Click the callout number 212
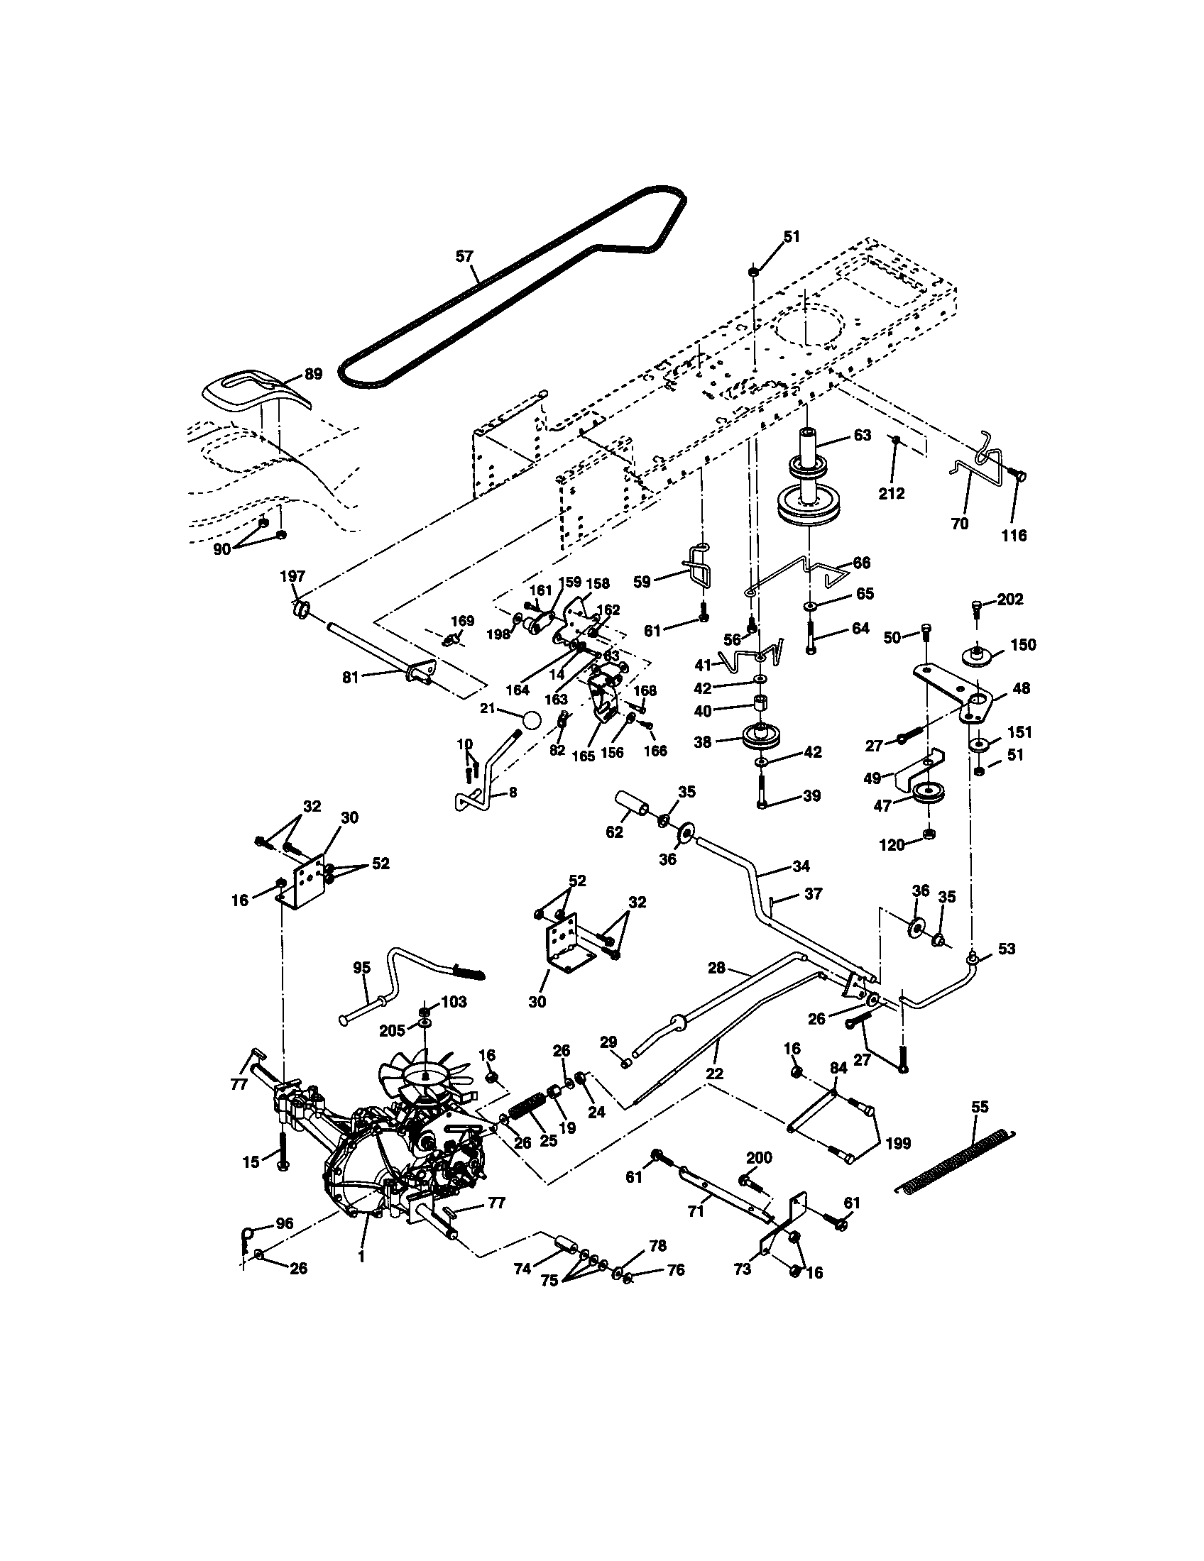892,493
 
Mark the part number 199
898,1143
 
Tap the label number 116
1014,534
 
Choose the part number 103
454,1001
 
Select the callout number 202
1009,600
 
